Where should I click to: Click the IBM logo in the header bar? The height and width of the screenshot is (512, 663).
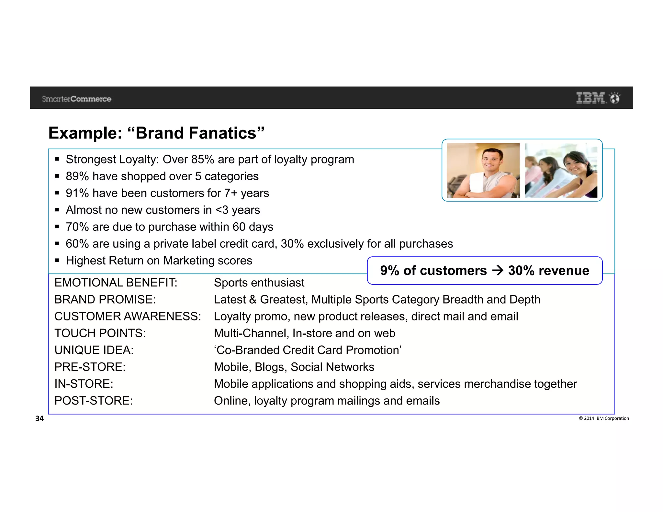[x=590, y=98]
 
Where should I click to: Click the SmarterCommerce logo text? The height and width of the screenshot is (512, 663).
[x=76, y=99]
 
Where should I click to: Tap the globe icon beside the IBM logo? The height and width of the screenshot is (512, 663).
[x=614, y=98]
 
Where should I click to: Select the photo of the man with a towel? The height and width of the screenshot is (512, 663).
[x=483, y=171]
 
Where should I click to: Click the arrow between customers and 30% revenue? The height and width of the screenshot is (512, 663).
[x=498, y=271]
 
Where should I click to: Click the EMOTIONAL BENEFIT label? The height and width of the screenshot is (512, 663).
[x=116, y=283]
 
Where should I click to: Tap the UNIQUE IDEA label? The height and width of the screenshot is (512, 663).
[x=94, y=350]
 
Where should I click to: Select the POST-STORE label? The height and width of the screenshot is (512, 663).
[x=93, y=401]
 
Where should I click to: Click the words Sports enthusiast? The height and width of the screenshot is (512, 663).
[x=259, y=283]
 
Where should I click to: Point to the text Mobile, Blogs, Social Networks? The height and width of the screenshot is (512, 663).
[x=294, y=367]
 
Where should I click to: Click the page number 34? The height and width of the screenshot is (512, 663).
[x=39, y=418]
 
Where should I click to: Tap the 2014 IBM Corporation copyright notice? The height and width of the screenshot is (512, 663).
[x=604, y=418]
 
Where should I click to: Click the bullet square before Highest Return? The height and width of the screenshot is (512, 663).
[x=57, y=261]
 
